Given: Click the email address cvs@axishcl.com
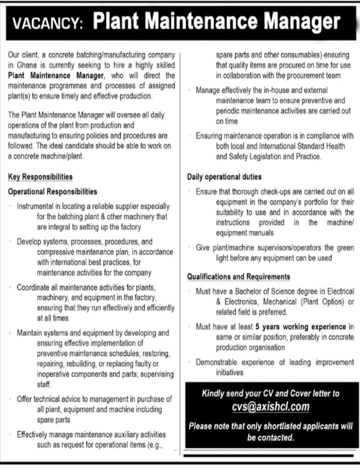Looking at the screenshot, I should pyautogui.click(x=270, y=407).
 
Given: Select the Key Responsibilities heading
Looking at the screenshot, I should pyautogui.click(x=40, y=177).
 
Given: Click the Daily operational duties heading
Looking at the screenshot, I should pyautogui.click(x=224, y=177).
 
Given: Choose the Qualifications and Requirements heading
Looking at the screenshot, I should pyautogui.click(x=238, y=276).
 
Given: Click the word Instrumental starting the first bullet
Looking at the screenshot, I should pyautogui.click(x=38, y=206).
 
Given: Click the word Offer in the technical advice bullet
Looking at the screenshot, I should pyautogui.click(x=25, y=399).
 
